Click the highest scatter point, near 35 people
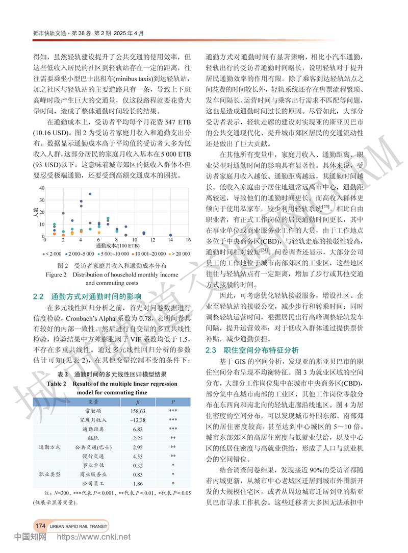pos(90,194)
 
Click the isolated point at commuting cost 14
pos(170,235)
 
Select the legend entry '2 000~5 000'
pos(80,254)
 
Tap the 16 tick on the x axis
pos(188,240)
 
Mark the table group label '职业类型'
pos(50,474)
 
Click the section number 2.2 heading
pos(39,296)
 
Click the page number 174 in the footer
pos(40,525)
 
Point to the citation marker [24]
pos(265,250)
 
